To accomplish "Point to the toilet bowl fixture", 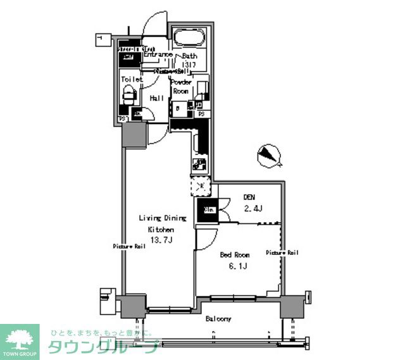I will [x=128, y=96].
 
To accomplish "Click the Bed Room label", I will [x=234, y=254].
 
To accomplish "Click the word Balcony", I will [x=218, y=319].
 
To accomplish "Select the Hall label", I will [x=157, y=98].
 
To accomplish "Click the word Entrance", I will [x=158, y=55].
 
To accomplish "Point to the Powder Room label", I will [x=181, y=87].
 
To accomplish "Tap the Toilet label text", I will [x=131, y=79].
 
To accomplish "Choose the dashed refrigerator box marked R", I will [x=201, y=185].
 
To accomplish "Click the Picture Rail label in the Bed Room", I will [x=282, y=252].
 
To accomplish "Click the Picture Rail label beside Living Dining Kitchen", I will [x=130, y=246].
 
